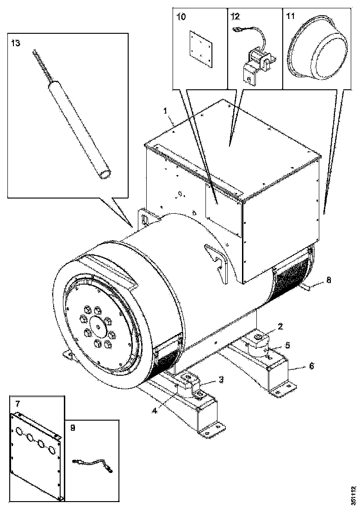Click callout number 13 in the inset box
pyautogui.click(x=16, y=43)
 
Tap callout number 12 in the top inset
pyautogui.click(x=235, y=16)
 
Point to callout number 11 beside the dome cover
pyautogui.click(x=290, y=16)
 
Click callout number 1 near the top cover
pyautogui.click(x=165, y=111)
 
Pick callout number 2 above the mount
pyautogui.click(x=280, y=327)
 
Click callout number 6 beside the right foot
pyautogui.click(x=311, y=366)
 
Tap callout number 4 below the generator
pyautogui.click(x=155, y=410)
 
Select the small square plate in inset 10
pyautogui.click(x=201, y=49)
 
